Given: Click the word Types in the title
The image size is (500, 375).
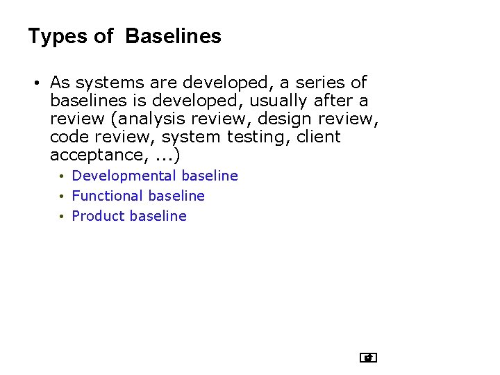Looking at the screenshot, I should click(x=58, y=37).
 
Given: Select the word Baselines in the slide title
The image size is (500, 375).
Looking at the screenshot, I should click(x=174, y=36).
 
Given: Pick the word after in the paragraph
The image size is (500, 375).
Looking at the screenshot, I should click(x=331, y=101).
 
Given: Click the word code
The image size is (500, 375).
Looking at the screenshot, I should click(x=69, y=137).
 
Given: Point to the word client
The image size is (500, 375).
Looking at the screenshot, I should click(x=318, y=137).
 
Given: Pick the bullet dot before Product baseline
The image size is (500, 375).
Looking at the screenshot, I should click(x=62, y=217).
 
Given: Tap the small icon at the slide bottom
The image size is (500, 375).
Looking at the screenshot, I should click(x=368, y=358).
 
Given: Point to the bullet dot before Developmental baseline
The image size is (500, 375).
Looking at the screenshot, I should click(x=62, y=176).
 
